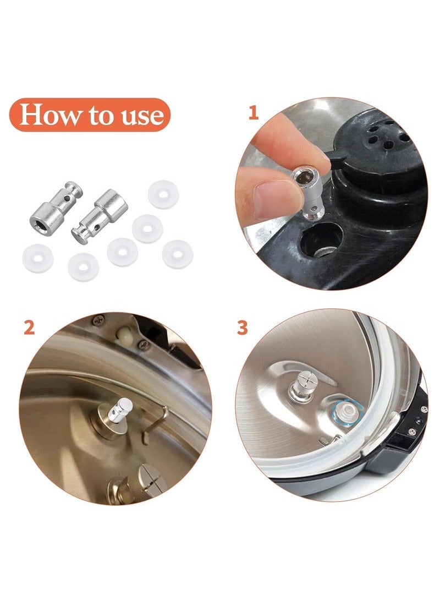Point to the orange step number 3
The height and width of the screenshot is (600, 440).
242,328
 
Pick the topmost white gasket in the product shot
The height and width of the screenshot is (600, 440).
163,195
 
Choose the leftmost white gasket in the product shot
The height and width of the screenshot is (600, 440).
38,259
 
